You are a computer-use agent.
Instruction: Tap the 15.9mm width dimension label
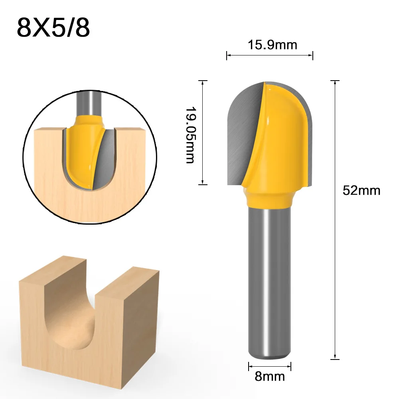273,45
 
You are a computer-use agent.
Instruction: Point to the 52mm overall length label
361,190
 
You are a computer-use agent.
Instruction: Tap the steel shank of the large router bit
269,279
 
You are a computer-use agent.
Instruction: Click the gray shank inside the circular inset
87,102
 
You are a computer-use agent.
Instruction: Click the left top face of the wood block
52,271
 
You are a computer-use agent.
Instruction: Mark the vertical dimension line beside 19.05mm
203,132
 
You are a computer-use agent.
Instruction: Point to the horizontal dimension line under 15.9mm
270,55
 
